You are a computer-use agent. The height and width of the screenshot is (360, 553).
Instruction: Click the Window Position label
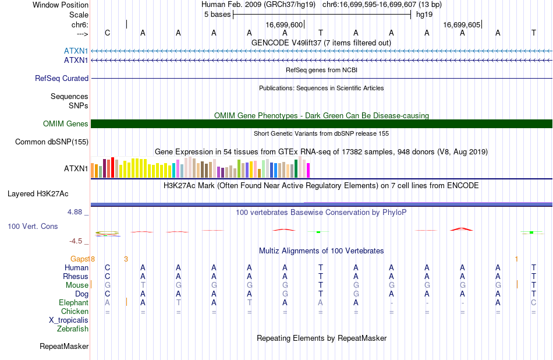pyautogui.click(x=61, y=5)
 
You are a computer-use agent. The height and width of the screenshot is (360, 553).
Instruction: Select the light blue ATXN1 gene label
pyautogui.click(x=76, y=51)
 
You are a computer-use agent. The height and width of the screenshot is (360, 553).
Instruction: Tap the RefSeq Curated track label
pyautogui.click(x=62, y=79)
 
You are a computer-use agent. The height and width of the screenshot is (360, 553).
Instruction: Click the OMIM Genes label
pyautogui.click(x=66, y=124)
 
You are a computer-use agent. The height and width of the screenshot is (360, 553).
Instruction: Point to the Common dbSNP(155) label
pyautogui.click(x=52, y=142)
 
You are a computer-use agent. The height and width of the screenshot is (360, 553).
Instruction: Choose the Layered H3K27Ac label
pyautogui.click(x=38, y=194)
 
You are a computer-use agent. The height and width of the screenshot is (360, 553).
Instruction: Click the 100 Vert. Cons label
pyautogui.click(x=33, y=226)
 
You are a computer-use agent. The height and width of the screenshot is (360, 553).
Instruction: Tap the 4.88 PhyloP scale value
pyautogui.click(x=75, y=212)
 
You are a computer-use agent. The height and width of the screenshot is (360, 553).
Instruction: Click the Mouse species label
pyautogui.click(x=77, y=285)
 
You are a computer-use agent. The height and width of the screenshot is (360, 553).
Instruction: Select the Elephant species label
pyautogui.click(x=74, y=303)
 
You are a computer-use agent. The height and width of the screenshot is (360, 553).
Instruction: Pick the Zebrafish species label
pyautogui.click(x=73, y=329)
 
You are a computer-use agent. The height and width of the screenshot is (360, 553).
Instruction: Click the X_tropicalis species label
pyautogui.click(x=69, y=320)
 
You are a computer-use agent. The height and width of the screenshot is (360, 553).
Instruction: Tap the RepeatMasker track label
pyautogui.click(x=64, y=347)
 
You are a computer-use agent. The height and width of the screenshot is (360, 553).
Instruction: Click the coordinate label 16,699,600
pyautogui.click(x=284, y=24)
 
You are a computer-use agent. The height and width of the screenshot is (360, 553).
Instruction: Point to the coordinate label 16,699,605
pyautogui.click(x=462, y=24)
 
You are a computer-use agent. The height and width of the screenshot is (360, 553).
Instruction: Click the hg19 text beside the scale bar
pyautogui.click(x=424, y=15)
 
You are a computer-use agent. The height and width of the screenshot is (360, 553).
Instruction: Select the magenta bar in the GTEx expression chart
pyautogui.click(x=309, y=170)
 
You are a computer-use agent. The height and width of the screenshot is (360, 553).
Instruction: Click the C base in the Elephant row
pyautogui.click(x=534, y=303)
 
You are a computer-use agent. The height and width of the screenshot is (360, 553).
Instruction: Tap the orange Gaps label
pyautogui.click(x=80, y=259)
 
